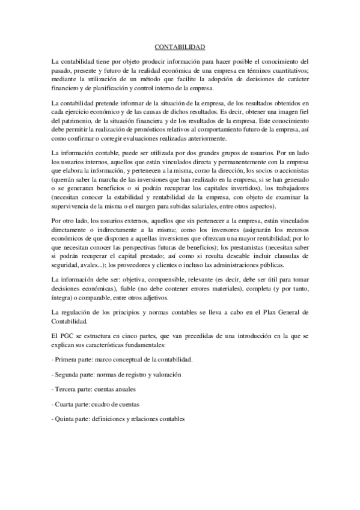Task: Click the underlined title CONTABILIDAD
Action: (180, 46)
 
